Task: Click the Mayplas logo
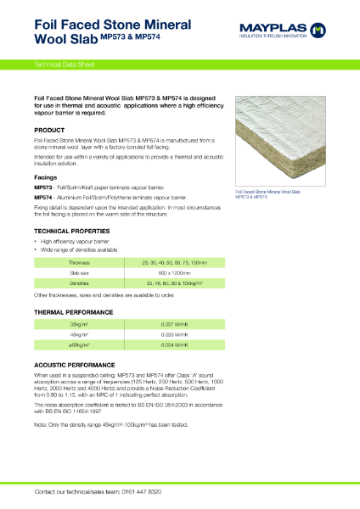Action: pyautogui.click(x=286, y=31)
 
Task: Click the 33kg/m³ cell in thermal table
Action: pyautogui.click(x=81, y=325)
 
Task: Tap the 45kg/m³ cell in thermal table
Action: pyautogui.click(x=81, y=335)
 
